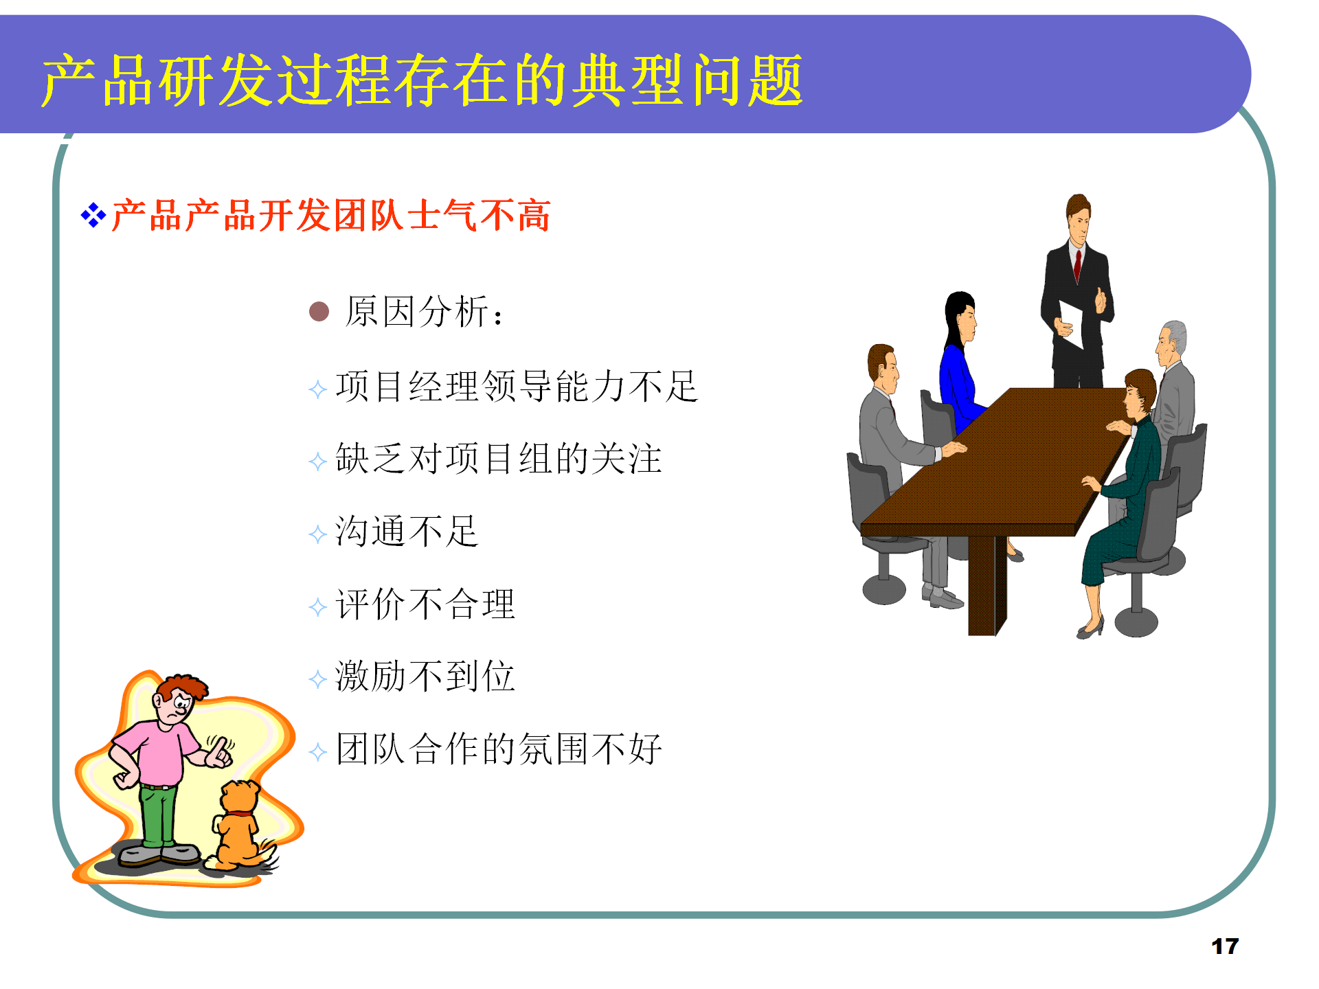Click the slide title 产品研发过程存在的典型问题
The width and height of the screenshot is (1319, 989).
(422, 80)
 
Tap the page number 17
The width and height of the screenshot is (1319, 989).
(1224, 946)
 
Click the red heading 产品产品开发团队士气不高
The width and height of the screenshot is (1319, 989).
(330, 216)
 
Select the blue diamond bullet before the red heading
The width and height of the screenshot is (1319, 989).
(93, 216)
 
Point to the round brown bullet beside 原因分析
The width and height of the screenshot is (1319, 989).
(319, 312)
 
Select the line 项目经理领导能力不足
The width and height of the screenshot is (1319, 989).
(517, 386)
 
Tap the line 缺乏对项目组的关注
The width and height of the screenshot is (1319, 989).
(499, 459)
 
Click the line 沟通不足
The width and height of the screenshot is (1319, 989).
(407, 532)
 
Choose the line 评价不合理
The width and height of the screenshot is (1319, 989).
(425, 604)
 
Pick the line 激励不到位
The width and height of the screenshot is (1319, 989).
(425, 677)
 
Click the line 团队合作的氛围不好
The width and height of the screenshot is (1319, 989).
(499, 749)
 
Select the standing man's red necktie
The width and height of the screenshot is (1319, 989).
(1078, 264)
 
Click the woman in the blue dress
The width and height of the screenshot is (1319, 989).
(958, 378)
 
